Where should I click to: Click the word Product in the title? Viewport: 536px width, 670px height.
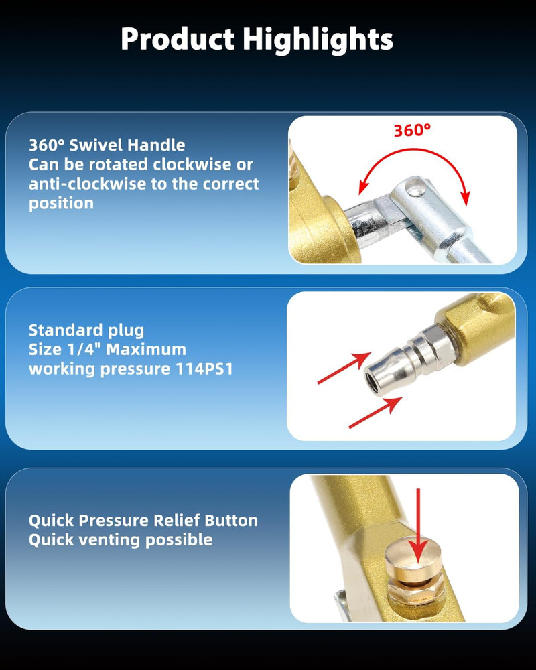point(178,39)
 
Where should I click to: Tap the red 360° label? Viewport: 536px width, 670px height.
point(412,131)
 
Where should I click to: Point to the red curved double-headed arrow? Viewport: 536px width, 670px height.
point(414,149)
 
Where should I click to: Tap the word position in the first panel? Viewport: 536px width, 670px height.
point(61,203)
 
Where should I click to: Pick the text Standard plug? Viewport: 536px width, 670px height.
point(86,330)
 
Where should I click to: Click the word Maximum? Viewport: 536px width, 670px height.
point(146,350)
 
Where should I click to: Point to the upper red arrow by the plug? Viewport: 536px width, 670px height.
point(344,368)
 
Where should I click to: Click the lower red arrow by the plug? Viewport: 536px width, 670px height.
point(376,412)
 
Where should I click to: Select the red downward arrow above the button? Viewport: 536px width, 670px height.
point(418,525)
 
